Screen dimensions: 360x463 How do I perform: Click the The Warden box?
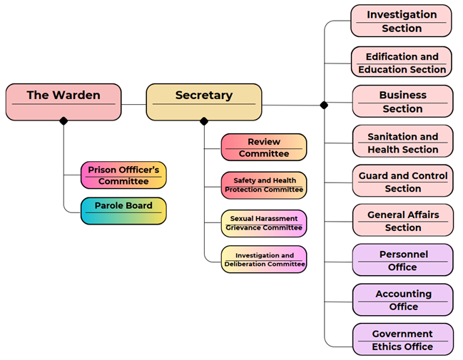(x=63, y=101)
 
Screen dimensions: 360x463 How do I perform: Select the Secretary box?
(x=203, y=101)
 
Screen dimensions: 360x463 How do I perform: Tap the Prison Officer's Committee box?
(x=123, y=175)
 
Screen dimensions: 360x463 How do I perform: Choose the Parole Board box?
(x=123, y=210)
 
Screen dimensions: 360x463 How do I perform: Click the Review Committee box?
(x=263, y=148)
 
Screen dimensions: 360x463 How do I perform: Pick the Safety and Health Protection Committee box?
(x=263, y=185)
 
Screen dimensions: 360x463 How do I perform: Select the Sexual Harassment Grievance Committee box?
(x=263, y=223)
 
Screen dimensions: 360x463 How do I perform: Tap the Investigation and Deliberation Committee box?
(x=263, y=260)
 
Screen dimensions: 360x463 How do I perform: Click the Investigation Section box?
(x=402, y=21)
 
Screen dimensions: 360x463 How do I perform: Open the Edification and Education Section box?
(x=402, y=62)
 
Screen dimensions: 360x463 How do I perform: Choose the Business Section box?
(x=402, y=101)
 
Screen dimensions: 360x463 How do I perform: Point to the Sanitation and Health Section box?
(x=402, y=142)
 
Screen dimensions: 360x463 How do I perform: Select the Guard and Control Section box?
(x=402, y=181)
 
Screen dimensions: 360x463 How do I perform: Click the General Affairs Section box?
(x=402, y=220)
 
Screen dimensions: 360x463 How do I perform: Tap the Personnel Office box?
(x=402, y=259)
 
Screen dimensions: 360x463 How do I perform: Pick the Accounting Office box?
(x=402, y=299)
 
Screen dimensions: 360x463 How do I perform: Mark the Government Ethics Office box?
(x=402, y=339)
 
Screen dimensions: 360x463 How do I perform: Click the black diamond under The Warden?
(x=63, y=121)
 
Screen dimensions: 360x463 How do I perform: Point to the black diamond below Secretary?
(x=204, y=121)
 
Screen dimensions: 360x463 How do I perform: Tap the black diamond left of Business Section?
(x=325, y=105)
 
